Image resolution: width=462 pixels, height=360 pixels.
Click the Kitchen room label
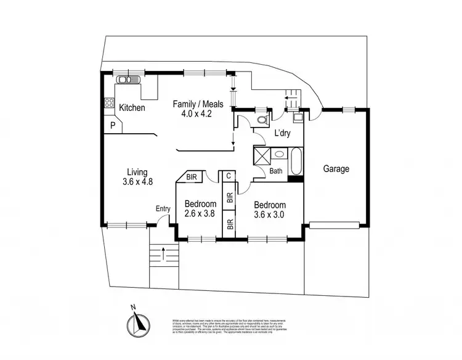tap(132, 108)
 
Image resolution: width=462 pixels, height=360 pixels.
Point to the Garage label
tap(336, 168)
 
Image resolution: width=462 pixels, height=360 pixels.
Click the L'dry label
tap(282, 133)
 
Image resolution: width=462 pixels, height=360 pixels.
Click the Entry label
tap(163, 209)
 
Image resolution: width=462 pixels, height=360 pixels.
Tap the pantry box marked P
tap(113, 126)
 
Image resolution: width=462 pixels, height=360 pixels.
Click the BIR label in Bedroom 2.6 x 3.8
tap(192, 176)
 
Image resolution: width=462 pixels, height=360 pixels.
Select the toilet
tap(261, 118)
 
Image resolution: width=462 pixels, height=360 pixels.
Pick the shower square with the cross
tap(261, 154)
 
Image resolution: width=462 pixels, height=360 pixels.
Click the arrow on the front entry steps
tap(164, 252)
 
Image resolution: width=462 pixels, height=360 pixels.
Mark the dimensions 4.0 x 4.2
tap(196, 113)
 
